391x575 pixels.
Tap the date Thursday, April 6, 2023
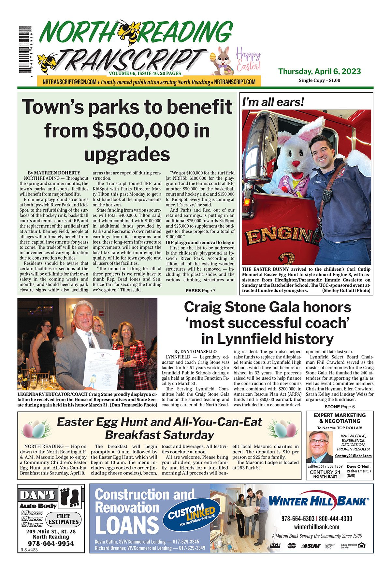coord(319,71)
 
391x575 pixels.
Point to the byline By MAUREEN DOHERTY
coord(54,173)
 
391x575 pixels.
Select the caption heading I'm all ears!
coord(273,102)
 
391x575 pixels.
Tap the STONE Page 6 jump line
coord(340,407)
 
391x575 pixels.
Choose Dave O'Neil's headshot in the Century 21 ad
coord(319,447)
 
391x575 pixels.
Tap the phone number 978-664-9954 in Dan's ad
coord(51,544)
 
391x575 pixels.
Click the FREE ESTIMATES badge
coord(63,519)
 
